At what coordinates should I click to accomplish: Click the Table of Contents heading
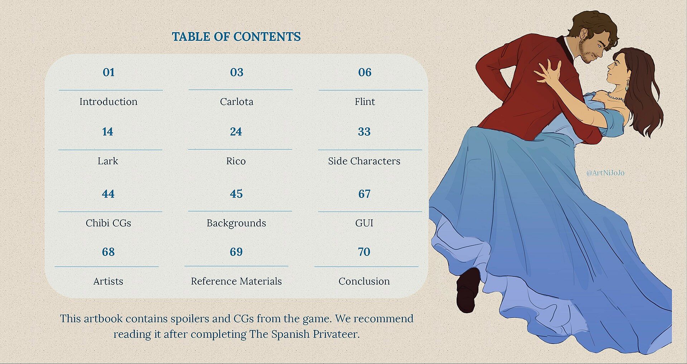click(x=236, y=37)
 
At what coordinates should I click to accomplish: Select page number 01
click(x=108, y=72)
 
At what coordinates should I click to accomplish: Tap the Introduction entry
click(x=108, y=102)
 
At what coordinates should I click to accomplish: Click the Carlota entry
click(x=237, y=102)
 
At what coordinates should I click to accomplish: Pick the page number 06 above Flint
click(x=365, y=72)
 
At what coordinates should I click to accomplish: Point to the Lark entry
click(x=108, y=161)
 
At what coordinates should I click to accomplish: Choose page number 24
click(x=236, y=132)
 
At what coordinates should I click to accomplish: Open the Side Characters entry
click(x=364, y=161)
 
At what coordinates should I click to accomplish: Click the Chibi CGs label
click(x=108, y=223)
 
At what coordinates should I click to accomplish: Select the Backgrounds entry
click(x=236, y=223)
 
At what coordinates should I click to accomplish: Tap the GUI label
click(x=364, y=223)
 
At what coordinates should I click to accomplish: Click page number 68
click(x=108, y=252)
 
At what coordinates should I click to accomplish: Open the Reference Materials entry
click(x=236, y=281)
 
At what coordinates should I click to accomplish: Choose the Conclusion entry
click(x=364, y=281)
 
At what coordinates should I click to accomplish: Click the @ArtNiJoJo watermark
click(x=605, y=173)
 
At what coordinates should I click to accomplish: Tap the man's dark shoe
click(x=468, y=290)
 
